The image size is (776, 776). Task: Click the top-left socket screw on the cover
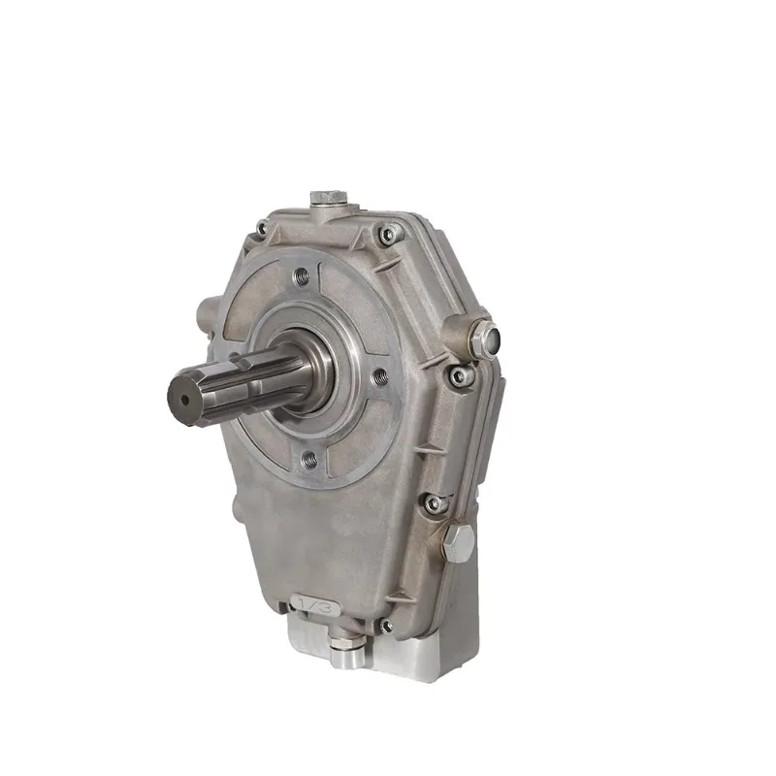click(259, 229)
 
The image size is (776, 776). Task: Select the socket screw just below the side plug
click(458, 374)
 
